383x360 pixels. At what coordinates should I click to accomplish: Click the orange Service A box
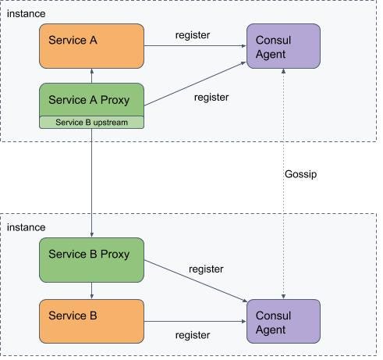point(92,45)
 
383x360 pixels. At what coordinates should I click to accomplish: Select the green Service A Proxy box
point(92,100)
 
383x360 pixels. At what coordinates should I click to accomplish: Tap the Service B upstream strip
point(92,122)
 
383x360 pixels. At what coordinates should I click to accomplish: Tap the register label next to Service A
point(192,35)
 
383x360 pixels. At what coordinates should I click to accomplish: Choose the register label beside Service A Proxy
point(211,98)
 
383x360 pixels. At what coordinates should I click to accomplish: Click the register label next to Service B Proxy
point(206,269)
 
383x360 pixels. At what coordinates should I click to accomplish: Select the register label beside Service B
point(192,335)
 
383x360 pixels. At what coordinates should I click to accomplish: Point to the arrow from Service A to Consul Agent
point(195,46)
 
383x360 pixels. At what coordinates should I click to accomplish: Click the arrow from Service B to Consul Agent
point(195,321)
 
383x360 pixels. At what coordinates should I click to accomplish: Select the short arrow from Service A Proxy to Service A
point(92,76)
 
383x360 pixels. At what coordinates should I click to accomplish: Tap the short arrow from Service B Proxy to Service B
point(92,290)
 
